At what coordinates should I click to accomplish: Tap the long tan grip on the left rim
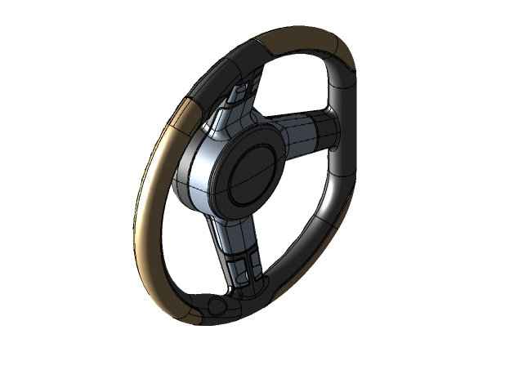pyautogui.click(x=151, y=212)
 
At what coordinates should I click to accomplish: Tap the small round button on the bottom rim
pyautogui.click(x=217, y=305)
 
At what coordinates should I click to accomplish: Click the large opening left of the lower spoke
pyautogui.click(x=188, y=245)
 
